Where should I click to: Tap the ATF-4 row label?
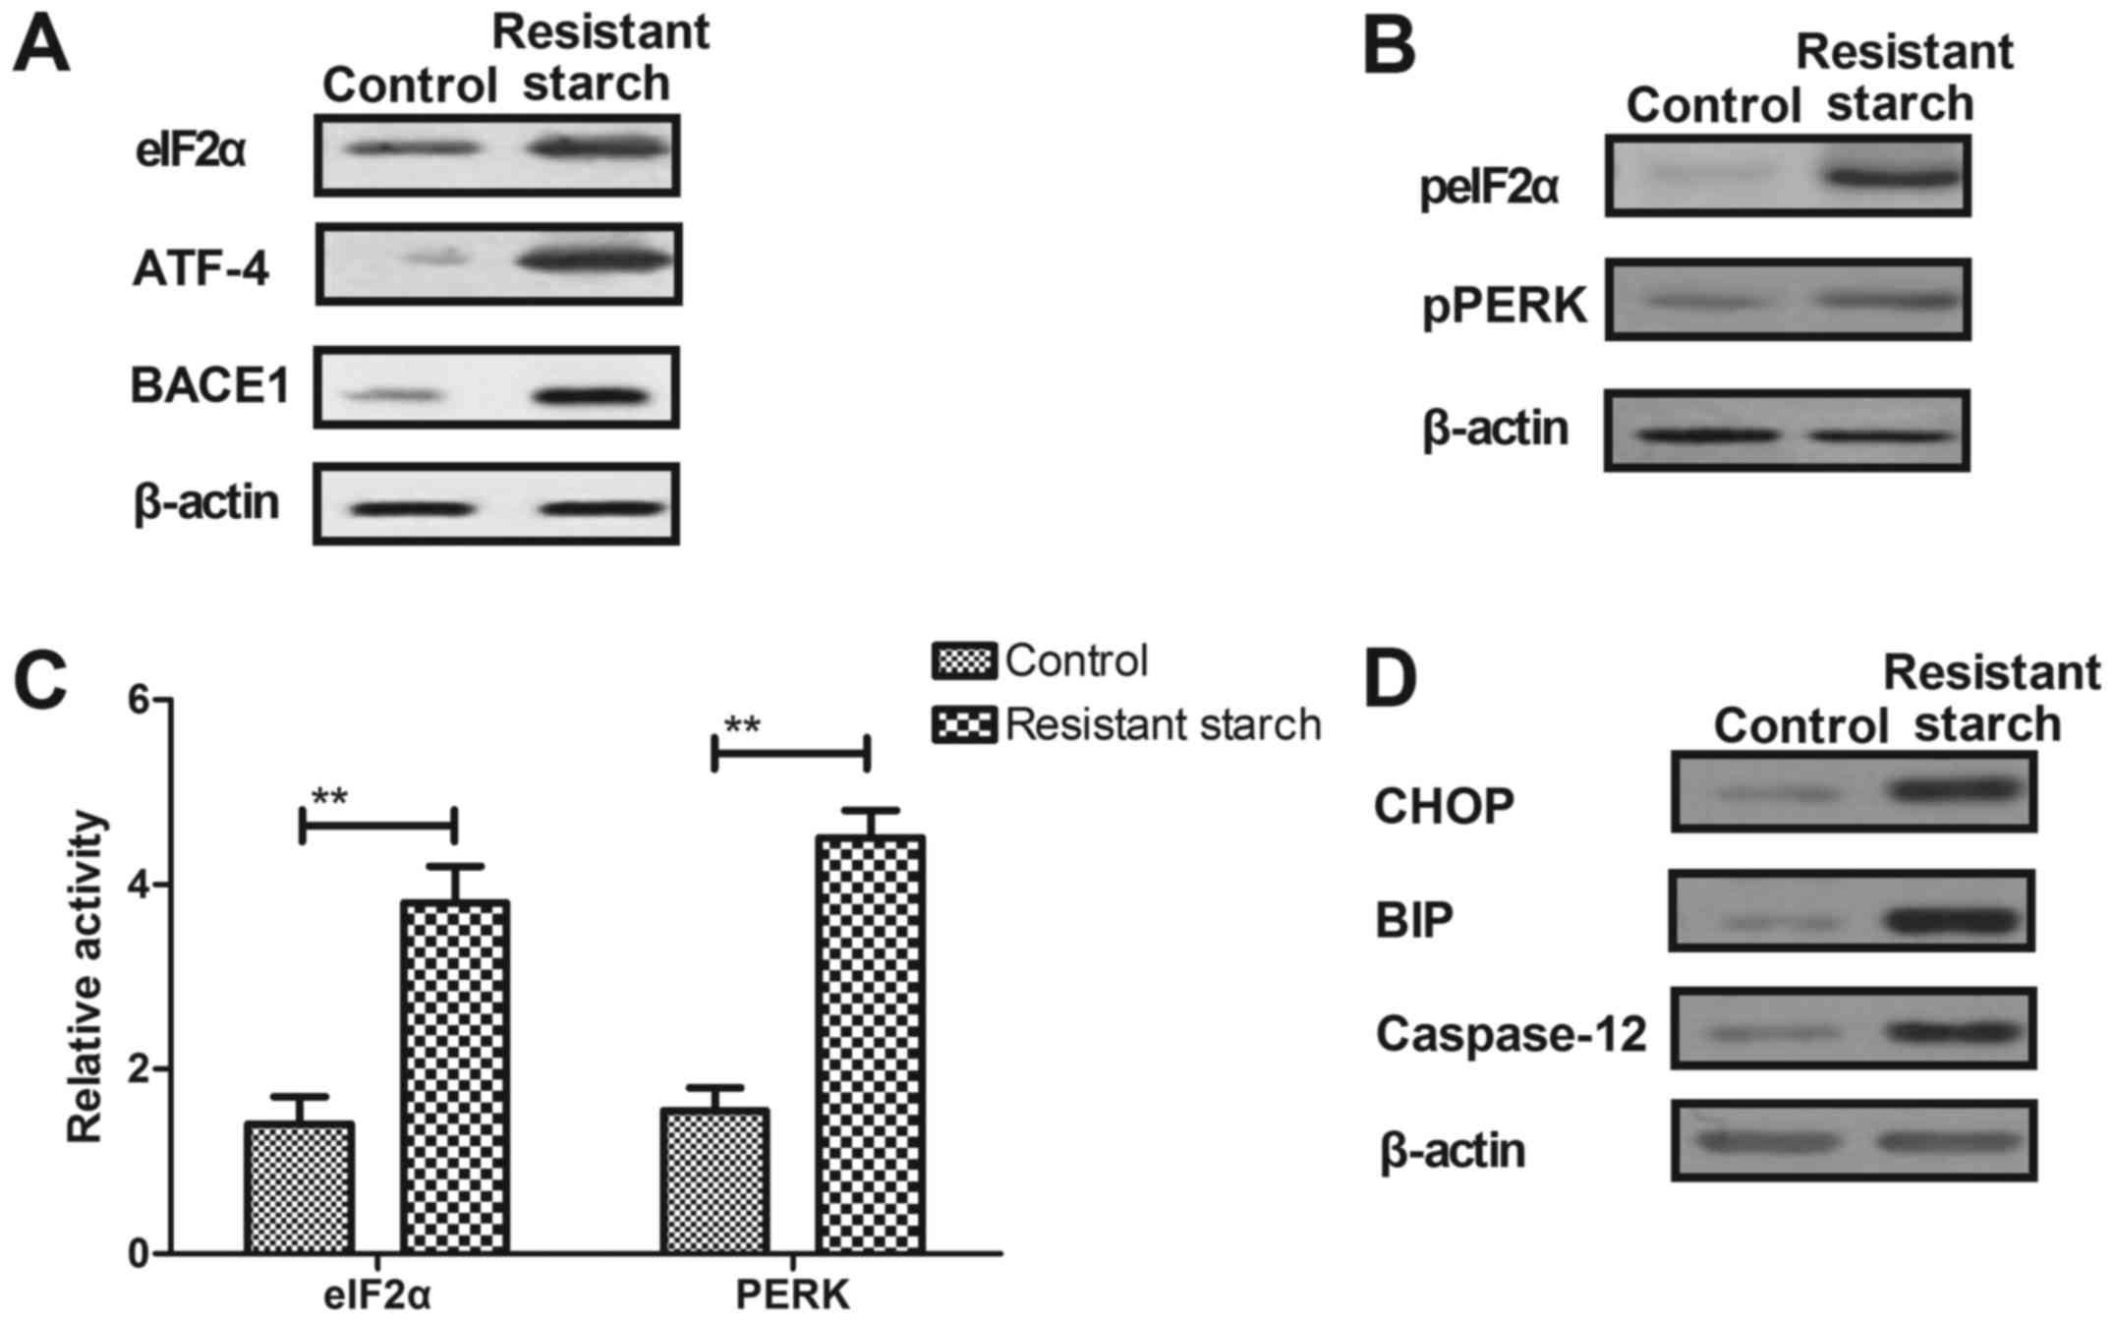(200, 269)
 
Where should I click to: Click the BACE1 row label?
(209, 386)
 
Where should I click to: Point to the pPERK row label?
(1505, 306)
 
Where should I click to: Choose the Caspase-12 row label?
(1511, 1034)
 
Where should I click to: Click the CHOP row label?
(1444, 806)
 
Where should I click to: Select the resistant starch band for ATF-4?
(596, 262)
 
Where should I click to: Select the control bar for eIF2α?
(300, 1187)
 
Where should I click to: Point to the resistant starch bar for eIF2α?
(455, 1076)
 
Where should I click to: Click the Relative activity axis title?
(86, 976)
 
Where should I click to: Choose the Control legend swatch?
(964, 661)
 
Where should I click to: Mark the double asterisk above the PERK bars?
(742, 726)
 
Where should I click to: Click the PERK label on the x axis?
(793, 1295)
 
